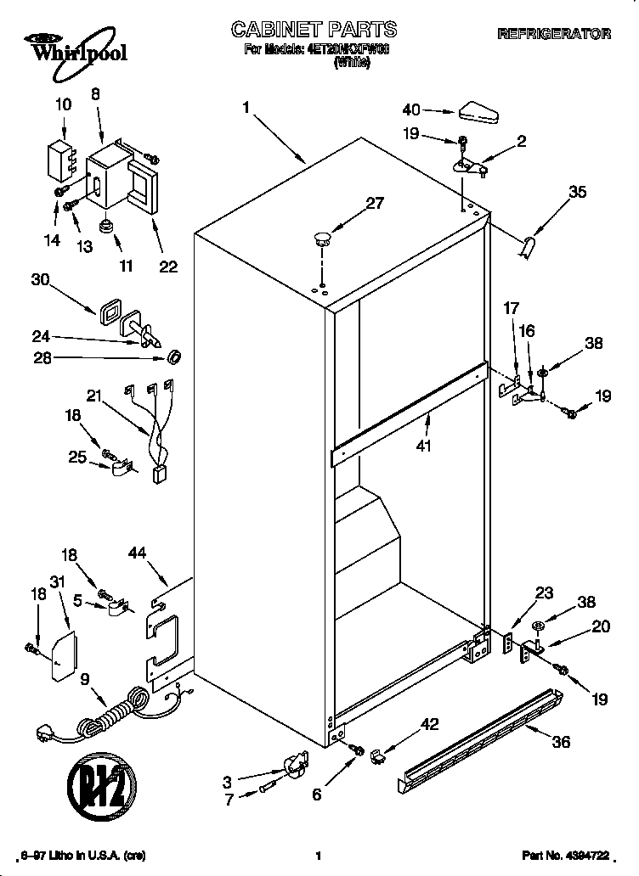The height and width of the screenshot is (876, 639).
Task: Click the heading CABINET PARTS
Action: click(314, 31)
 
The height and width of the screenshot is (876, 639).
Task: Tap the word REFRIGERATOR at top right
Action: click(553, 35)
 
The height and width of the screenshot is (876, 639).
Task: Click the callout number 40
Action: click(412, 109)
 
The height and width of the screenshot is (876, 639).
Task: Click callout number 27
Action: click(351, 204)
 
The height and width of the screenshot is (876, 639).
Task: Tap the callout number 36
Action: click(560, 741)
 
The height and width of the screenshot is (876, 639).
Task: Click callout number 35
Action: click(577, 192)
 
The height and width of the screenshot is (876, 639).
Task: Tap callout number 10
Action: click(64, 105)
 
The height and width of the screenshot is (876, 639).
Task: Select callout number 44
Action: click(137, 554)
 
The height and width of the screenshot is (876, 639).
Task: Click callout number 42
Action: click(431, 724)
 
